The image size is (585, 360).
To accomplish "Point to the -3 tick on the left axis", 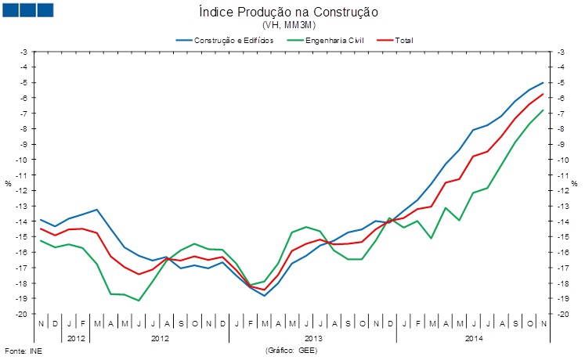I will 23,52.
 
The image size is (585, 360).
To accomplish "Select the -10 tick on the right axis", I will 562,159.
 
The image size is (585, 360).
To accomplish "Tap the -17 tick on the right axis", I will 562,267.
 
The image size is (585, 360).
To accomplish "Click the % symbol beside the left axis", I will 9,184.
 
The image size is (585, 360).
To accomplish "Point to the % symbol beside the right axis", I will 574,184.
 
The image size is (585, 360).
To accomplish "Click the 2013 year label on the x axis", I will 313,339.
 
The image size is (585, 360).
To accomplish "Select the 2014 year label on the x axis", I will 473,339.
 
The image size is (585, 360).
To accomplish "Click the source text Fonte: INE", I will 23,350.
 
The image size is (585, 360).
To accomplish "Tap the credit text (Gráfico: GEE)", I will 291,350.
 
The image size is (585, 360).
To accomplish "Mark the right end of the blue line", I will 543,83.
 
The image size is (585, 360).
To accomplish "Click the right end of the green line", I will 543,110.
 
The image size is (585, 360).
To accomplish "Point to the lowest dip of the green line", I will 139,301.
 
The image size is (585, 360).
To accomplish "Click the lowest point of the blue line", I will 265,296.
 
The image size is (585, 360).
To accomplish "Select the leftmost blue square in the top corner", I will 12,9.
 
